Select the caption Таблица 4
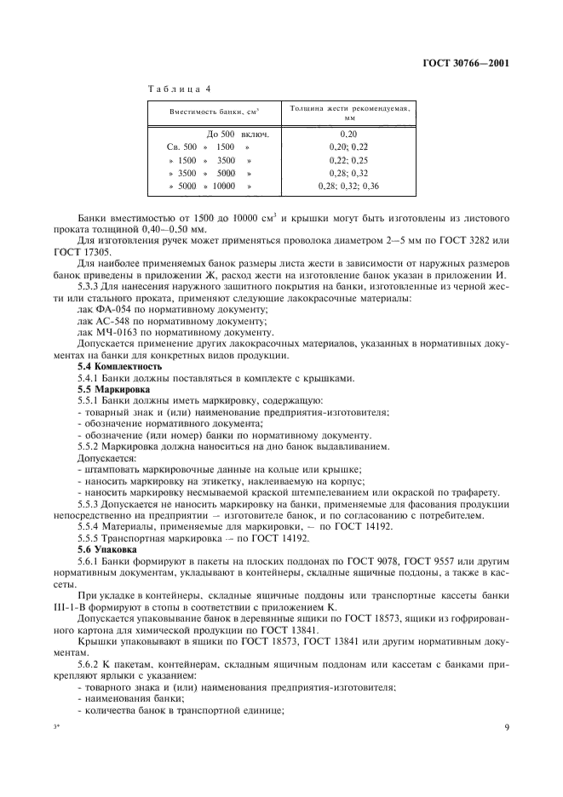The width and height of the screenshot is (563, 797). coord(180,89)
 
